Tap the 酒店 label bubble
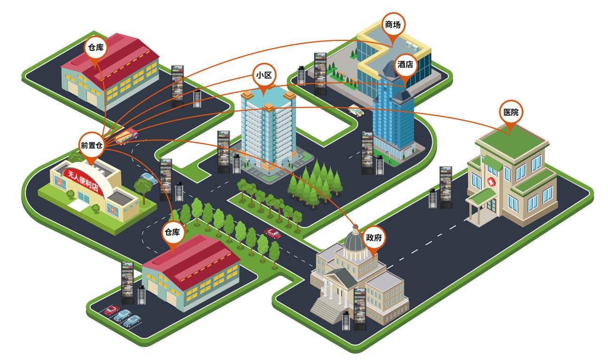(x=405, y=65)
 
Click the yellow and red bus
(x=126, y=136)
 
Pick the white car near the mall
(x=356, y=111)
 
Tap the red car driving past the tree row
(x=272, y=233)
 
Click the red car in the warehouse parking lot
(x=112, y=310)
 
